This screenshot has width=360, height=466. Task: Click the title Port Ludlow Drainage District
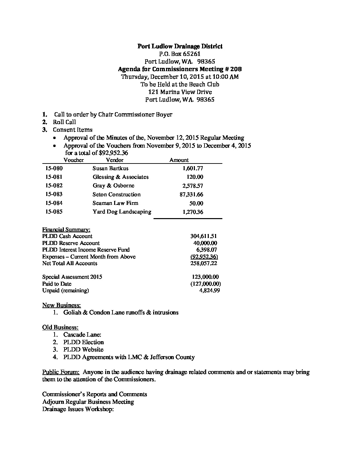point(180,46)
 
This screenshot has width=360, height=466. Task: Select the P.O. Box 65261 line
point(180,54)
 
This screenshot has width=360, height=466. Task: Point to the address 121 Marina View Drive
point(180,92)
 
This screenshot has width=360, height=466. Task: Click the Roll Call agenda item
point(64,122)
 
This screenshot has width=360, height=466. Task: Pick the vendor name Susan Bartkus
point(111,168)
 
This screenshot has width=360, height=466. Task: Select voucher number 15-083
point(54,194)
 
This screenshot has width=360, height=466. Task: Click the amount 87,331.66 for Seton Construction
point(191,195)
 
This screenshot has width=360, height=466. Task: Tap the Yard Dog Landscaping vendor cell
point(122,212)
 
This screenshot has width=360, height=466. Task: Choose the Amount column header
point(179,160)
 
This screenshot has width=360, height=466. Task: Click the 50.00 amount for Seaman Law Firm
point(197,204)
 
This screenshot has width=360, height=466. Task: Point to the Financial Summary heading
point(66,230)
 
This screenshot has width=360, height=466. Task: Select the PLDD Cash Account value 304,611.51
point(203,236)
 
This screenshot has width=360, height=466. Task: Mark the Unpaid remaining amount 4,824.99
point(209,291)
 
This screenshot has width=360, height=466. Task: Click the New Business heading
point(61,305)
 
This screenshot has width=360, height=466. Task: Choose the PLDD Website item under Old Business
point(83,349)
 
